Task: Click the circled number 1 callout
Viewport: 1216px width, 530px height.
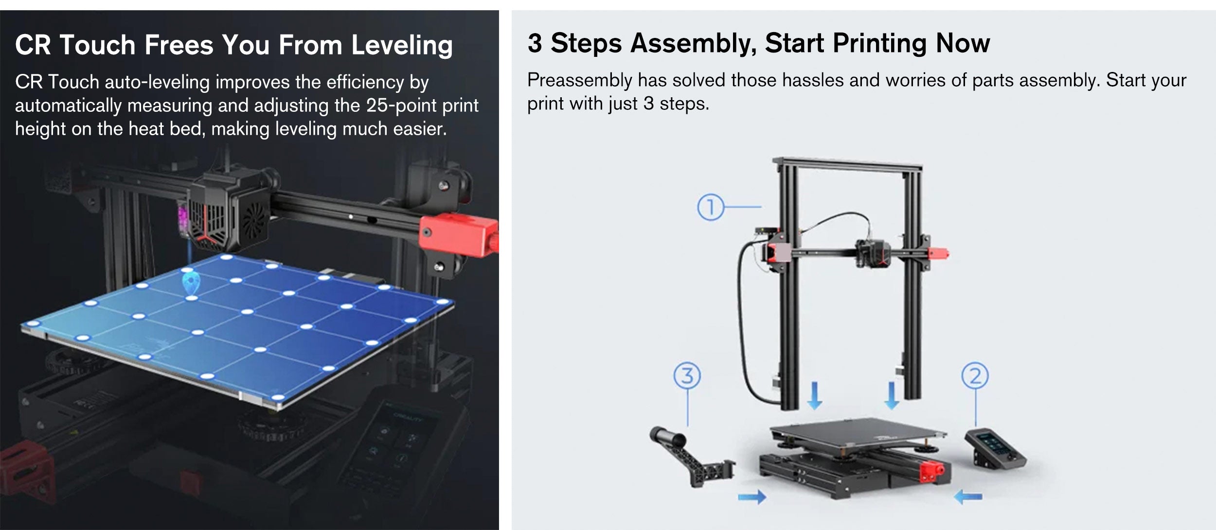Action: [710, 207]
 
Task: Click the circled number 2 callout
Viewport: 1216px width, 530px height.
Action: [975, 376]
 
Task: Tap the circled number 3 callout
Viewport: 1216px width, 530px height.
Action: [687, 376]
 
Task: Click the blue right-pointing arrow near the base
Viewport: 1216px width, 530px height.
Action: [752, 496]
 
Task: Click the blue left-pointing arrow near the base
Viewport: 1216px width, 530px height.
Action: [968, 496]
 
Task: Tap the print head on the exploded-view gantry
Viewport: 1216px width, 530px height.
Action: [873, 252]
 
